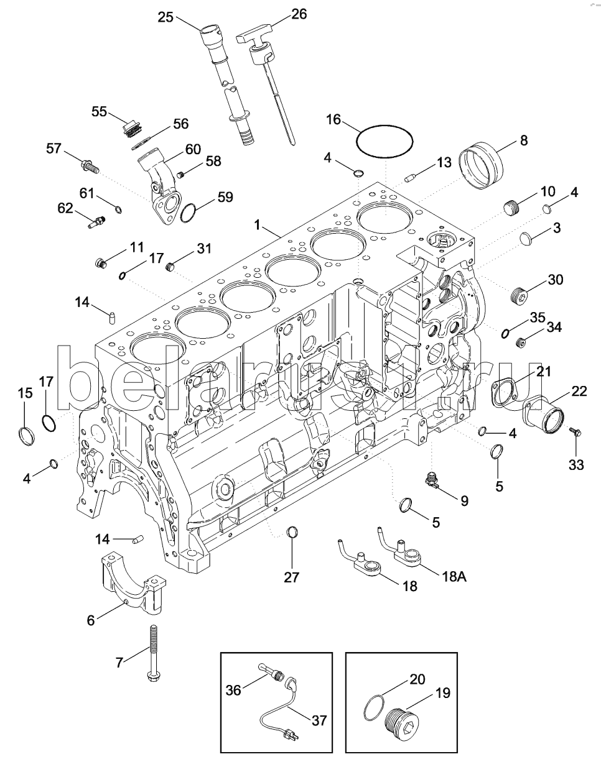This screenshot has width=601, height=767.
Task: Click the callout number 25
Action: pos(165,17)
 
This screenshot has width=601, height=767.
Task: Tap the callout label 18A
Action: pos(454,576)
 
